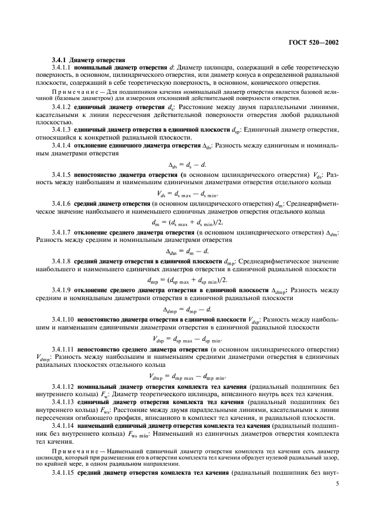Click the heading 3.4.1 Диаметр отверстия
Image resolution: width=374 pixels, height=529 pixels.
click(x=86, y=60)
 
